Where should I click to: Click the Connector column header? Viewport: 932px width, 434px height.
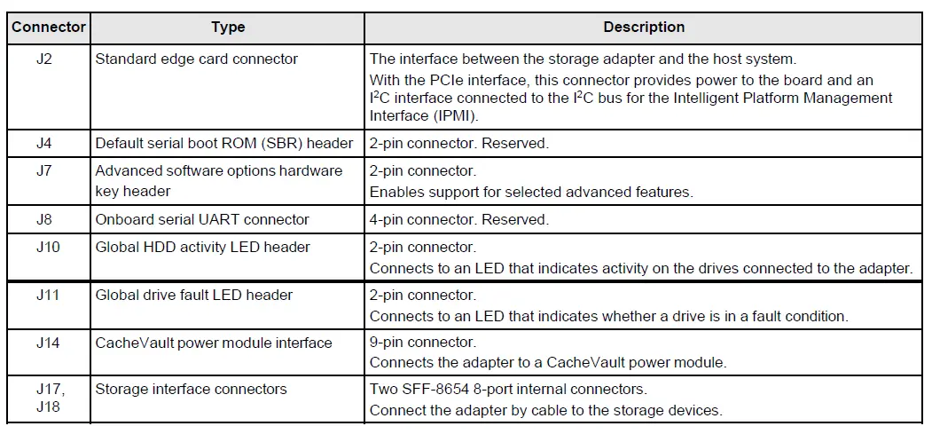(x=49, y=27)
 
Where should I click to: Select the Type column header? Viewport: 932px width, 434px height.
(x=228, y=27)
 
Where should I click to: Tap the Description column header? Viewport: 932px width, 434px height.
(x=644, y=27)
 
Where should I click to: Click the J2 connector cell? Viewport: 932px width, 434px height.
(x=45, y=59)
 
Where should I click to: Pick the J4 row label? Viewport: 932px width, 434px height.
(x=45, y=143)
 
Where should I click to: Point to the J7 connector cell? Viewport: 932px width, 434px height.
(x=45, y=170)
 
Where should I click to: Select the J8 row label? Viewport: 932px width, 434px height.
(x=45, y=219)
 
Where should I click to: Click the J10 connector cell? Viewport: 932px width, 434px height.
(x=48, y=247)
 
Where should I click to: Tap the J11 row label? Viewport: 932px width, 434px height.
(x=48, y=295)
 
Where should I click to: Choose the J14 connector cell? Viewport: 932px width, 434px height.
(x=48, y=343)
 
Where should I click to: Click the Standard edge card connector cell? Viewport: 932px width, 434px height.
(x=196, y=59)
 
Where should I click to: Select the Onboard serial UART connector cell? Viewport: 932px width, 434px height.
(x=202, y=219)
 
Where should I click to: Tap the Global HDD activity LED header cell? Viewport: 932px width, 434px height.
(x=202, y=247)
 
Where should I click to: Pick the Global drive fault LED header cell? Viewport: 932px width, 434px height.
(x=193, y=295)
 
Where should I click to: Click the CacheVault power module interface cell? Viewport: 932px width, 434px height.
(x=214, y=343)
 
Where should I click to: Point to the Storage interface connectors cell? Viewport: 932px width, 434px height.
(x=191, y=389)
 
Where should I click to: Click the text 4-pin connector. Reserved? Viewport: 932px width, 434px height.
(x=458, y=219)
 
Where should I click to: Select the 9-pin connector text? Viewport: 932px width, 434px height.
(x=422, y=342)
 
